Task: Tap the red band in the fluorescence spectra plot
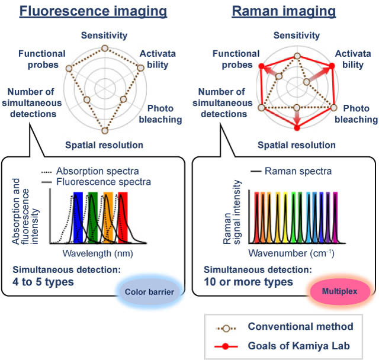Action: tap(123, 217)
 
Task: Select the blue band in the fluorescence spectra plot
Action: tap(79, 217)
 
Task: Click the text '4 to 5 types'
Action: tap(43, 282)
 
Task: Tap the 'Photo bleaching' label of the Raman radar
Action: tap(358, 114)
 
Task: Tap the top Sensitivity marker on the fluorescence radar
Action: tap(104, 48)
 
